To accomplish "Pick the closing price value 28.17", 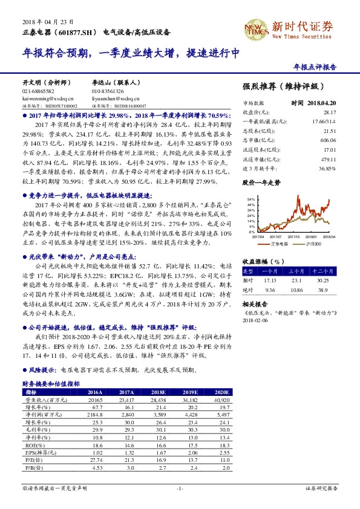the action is (329, 112).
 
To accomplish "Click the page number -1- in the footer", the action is (180, 487).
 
